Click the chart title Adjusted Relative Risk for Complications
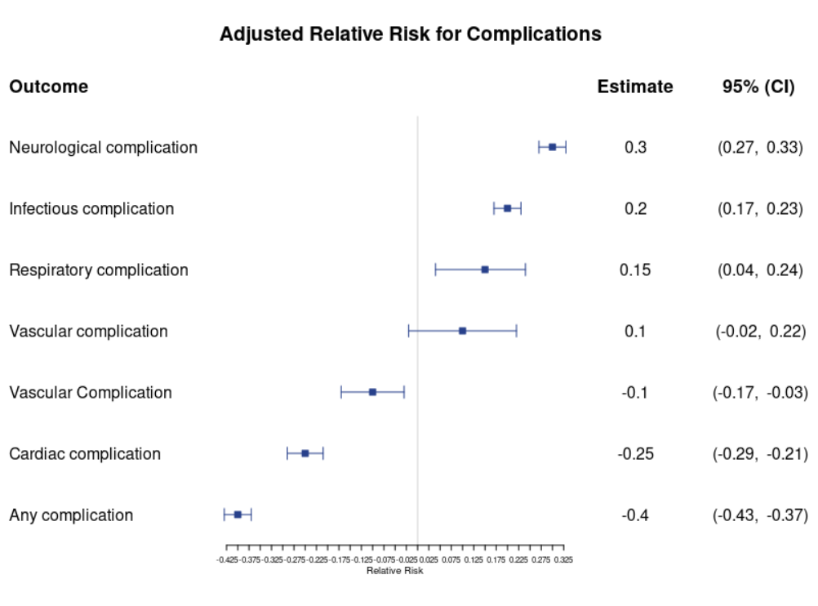click(410, 34)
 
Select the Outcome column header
click(48, 86)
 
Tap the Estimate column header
click(635, 86)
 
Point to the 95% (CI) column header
click(758, 87)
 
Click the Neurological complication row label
click(104, 148)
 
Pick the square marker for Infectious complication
click(507, 208)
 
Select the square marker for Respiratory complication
click(485, 270)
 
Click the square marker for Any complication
click(238, 515)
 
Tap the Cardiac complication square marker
click(305, 453)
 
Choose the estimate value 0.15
click(635, 270)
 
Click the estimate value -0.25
click(635, 453)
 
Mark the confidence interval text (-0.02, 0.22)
click(761, 331)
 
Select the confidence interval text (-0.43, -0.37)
click(760, 515)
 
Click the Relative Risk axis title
click(394, 571)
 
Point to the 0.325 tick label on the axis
click(563, 559)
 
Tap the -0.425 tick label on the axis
click(227, 559)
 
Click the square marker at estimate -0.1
click(372, 392)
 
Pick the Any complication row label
click(71, 515)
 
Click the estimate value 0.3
click(635, 147)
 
